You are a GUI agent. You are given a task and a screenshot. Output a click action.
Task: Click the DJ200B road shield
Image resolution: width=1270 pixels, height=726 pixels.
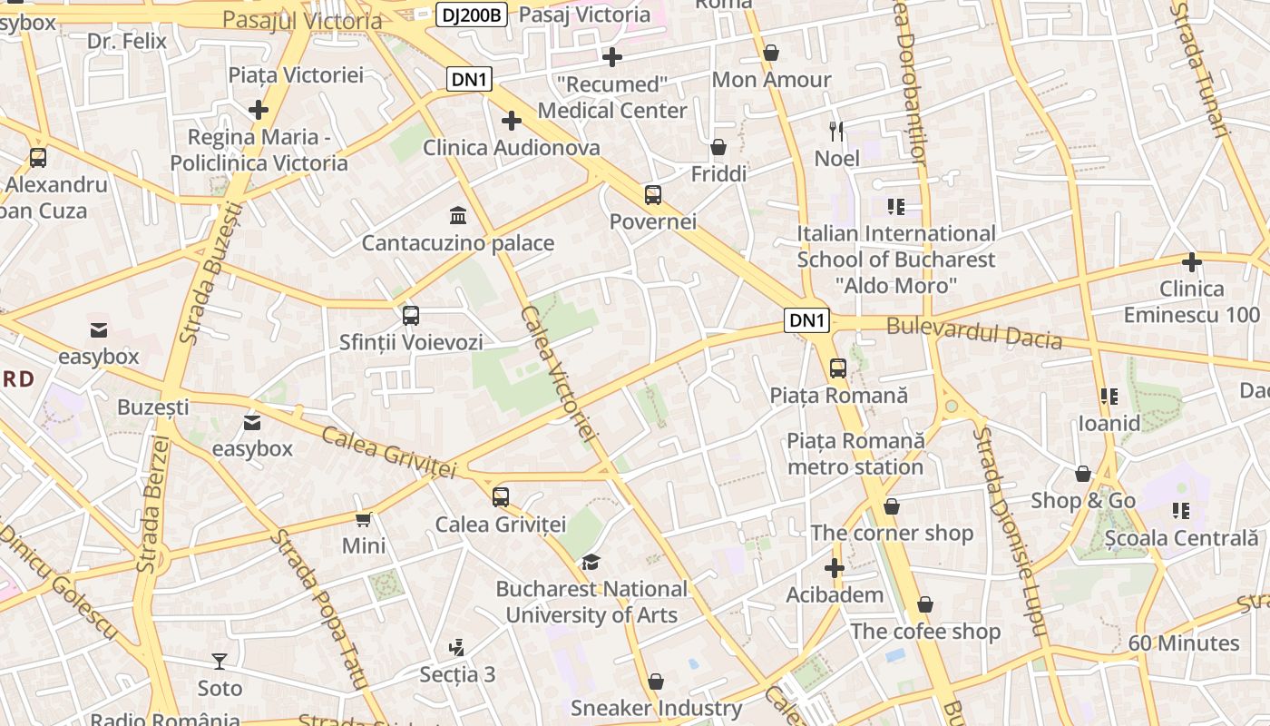pos(471,15)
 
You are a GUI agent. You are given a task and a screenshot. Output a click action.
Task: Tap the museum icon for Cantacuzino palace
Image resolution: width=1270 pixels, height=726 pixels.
pos(458,216)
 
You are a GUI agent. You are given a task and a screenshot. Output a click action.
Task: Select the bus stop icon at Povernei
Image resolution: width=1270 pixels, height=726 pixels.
pos(653,194)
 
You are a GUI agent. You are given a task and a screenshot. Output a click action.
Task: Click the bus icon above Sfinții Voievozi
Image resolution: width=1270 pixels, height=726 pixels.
pos(411,316)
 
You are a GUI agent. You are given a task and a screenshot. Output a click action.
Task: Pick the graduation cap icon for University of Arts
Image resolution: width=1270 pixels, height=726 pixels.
pos(591,562)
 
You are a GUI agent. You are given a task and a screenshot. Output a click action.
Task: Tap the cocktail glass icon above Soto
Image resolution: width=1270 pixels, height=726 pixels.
pos(220,661)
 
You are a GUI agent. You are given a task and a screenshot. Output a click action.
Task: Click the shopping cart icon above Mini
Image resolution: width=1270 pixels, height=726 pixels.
pos(364,519)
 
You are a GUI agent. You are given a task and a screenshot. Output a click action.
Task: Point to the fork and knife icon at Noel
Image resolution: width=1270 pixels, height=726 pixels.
pos(836,132)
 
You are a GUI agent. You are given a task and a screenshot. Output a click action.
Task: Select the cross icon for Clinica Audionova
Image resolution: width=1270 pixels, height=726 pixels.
pos(512,120)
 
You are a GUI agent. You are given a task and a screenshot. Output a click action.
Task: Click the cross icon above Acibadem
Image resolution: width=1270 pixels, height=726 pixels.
pos(835,568)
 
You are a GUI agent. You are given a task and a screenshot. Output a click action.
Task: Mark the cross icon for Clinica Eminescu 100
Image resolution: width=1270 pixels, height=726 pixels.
pos(1192,262)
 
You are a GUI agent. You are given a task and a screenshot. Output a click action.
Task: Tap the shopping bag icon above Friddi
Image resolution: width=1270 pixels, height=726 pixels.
pos(718,146)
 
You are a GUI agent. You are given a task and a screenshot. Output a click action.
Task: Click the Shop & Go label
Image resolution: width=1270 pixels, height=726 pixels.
pos(1083,501)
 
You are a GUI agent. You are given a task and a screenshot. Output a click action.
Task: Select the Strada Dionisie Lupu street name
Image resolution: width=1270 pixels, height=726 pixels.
pos(1010,531)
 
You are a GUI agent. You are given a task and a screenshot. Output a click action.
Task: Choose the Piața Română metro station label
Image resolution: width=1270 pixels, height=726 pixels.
pos(855,454)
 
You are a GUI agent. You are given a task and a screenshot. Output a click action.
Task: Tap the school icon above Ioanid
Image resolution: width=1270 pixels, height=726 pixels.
pos(1109,396)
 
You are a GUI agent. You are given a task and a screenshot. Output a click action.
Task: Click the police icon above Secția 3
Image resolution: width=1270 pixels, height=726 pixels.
pos(457,647)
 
